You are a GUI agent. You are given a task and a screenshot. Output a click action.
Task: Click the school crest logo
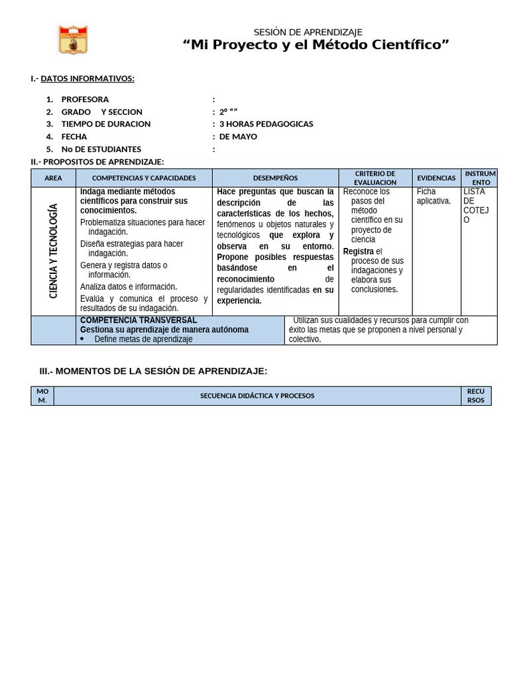[x=73, y=40]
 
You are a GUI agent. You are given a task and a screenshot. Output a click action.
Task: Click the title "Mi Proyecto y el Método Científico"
[x=316, y=45]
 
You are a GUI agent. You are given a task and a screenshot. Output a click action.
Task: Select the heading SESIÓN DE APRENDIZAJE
[x=308, y=32]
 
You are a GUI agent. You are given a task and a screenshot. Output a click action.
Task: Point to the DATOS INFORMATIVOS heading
[x=87, y=79]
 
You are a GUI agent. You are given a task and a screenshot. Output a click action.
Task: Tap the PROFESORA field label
[x=85, y=99]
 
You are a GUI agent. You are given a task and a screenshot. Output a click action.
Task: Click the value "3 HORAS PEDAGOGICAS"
[x=266, y=124]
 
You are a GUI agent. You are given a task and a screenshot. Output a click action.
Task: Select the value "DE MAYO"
[x=238, y=137]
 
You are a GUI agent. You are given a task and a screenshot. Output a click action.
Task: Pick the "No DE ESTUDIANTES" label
[x=101, y=149]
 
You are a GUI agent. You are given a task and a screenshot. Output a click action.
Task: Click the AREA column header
[x=53, y=178]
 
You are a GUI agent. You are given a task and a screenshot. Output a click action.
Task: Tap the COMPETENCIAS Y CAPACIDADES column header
[x=144, y=178]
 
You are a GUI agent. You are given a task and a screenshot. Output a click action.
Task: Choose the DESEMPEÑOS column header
[x=275, y=178]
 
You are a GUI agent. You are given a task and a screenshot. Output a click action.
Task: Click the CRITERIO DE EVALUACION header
[x=375, y=178]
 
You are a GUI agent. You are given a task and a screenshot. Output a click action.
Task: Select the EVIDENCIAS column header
[x=436, y=178]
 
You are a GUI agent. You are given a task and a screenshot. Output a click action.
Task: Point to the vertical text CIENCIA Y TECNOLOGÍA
[x=54, y=251]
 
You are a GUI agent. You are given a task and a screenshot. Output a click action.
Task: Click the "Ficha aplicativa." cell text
[x=433, y=196]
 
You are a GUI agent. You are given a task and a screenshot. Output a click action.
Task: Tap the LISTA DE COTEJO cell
[x=475, y=206]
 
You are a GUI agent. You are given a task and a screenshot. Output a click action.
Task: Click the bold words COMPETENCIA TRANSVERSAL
[x=139, y=320]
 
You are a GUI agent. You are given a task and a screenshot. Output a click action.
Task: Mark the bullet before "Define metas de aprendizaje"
[x=82, y=339]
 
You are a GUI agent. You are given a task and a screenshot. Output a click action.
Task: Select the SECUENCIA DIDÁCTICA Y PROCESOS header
[x=257, y=396]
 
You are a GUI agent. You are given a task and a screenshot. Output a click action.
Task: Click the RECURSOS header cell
[x=476, y=396]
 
